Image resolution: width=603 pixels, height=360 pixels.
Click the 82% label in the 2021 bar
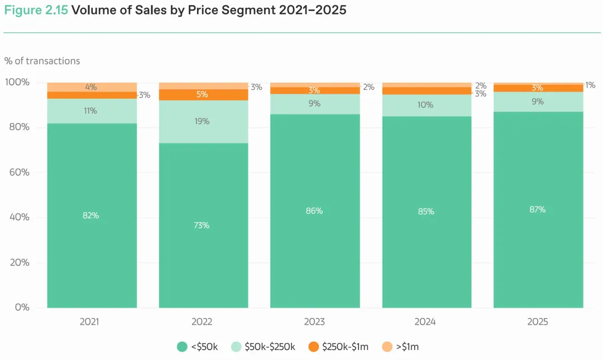(x=91, y=215)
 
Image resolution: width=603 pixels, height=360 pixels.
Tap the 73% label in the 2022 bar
(x=202, y=225)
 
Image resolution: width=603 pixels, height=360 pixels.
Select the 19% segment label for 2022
(x=202, y=121)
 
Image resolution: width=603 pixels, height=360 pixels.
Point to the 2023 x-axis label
(x=315, y=322)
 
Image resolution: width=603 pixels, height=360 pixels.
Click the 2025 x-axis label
(x=538, y=322)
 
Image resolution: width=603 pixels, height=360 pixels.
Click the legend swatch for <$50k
(x=182, y=347)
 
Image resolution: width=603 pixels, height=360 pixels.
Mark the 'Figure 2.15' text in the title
(x=36, y=11)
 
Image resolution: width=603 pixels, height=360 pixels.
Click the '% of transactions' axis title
(x=42, y=61)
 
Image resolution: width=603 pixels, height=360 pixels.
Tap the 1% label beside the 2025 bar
(x=590, y=85)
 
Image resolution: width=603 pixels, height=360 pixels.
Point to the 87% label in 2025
(x=538, y=209)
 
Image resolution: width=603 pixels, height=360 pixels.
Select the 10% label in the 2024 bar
(x=425, y=104)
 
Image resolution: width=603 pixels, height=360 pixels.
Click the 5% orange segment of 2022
(x=202, y=94)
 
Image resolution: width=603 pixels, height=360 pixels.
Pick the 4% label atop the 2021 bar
(x=91, y=87)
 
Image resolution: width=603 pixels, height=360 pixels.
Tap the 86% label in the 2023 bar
(x=314, y=211)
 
